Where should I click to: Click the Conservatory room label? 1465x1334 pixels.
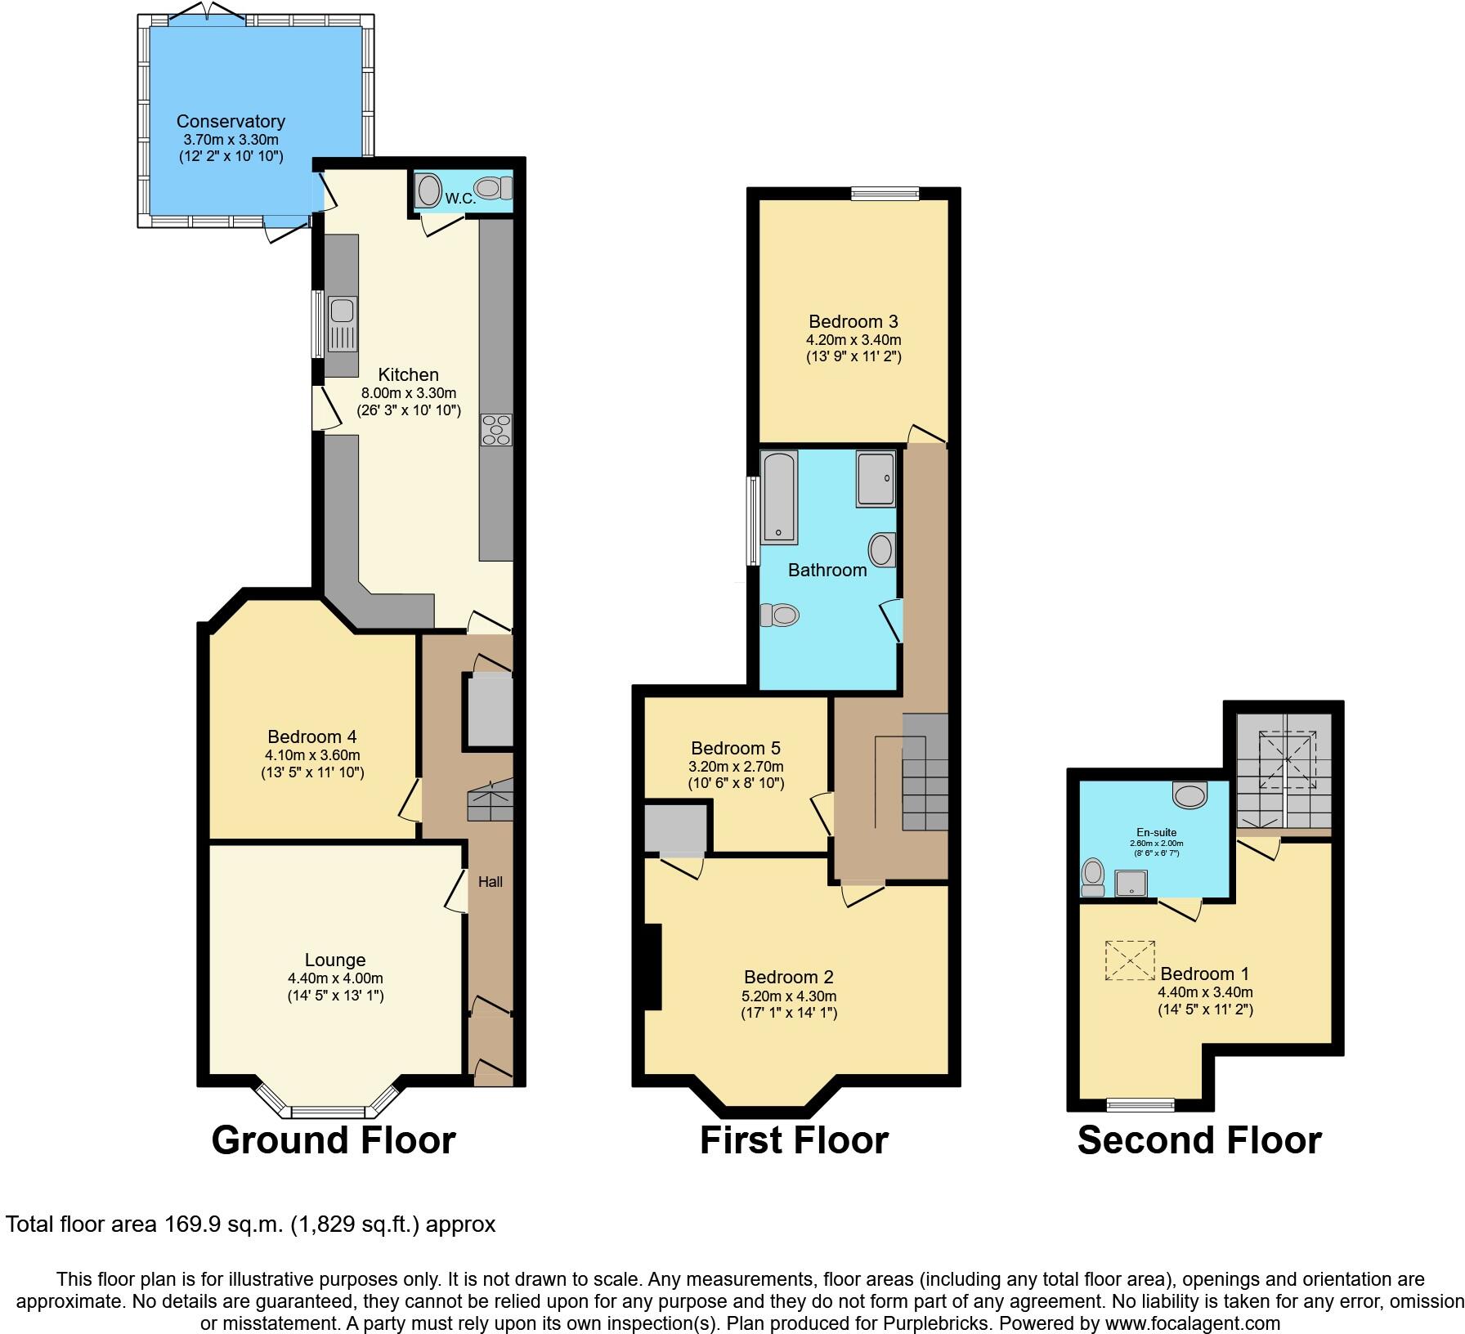pyautogui.click(x=231, y=122)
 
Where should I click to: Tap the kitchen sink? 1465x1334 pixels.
pyautogui.click(x=342, y=311)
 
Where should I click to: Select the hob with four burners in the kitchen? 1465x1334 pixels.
pyautogui.click(x=496, y=430)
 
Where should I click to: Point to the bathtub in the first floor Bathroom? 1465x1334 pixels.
pyautogui.click(x=779, y=498)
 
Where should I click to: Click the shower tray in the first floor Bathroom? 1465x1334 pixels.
pyautogui.click(x=876, y=479)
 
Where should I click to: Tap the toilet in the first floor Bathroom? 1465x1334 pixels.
pyautogui.click(x=779, y=614)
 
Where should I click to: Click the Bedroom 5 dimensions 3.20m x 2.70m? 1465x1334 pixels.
pyautogui.click(x=736, y=767)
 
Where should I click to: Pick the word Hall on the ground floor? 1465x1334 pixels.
pyautogui.click(x=491, y=882)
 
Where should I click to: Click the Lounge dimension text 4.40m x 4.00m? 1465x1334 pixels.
pyautogui.click(x=335, y=978)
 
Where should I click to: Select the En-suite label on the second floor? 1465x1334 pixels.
pyautogui.click(x=1156, y=832)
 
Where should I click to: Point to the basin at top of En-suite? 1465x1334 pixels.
pyautogui.click(x=1189, y=794)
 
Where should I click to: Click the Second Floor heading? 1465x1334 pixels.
pyautogui.click(x=1199, y=1140)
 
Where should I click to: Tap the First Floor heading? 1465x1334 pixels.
pyautogui.click(x=794, y=1140)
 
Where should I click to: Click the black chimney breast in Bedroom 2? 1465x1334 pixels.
pyautogui.click(x=652, y=968)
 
